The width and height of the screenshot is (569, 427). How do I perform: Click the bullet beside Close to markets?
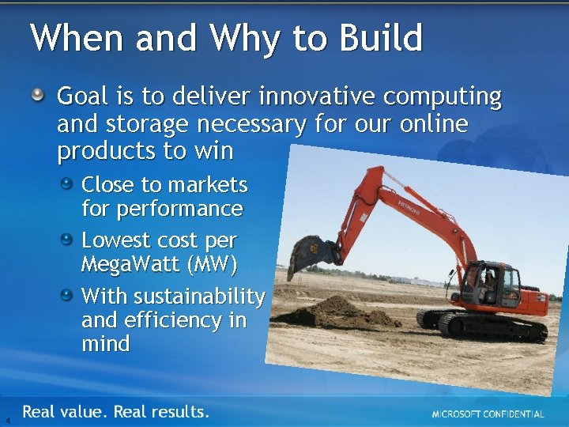70,183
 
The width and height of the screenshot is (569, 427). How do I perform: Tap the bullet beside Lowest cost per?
70,239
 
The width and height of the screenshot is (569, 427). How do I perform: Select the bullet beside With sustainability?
70,295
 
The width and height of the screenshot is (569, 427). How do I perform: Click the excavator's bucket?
311,255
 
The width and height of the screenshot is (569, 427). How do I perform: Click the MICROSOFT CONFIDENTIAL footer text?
488,414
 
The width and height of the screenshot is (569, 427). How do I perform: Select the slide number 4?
7,420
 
